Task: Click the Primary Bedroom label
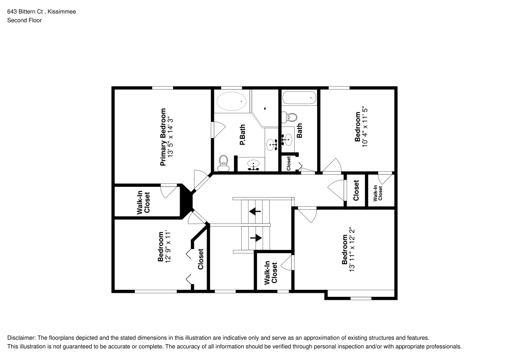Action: pyautogui.click(x=163, y=136)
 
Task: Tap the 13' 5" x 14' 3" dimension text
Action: pyautogui.click(x=171, y=136)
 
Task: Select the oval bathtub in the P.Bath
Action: pyautogui.click(x=231, y=102)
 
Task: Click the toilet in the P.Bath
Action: pyautogui.click(x=222, y=163)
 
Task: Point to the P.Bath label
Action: pyautogui.click(x=242, y=135)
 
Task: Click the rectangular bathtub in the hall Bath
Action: pyautogui.click(x=299, y=98)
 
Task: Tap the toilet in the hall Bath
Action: pyautogui.click(x=291, y=117)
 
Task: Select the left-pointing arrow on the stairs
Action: pyautogui.click(x=254, y=210)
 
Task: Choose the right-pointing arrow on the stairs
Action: pyautogui.click(x=255, y=237)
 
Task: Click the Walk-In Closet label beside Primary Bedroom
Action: pyautogui.click(x=144, y=202)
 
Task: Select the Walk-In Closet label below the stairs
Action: pyautogui.click(x=271, y=273)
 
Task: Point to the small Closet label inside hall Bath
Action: pyautogui.click(x=289, y=163)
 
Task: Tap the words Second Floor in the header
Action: pyautogui.click(x=24, y=20)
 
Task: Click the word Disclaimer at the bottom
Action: pyautogui.click(x=21, y=338)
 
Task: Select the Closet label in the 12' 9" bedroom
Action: pyautogui.click(x=201, y=259)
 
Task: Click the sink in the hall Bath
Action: pyautogui.click(x=287, y=137)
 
